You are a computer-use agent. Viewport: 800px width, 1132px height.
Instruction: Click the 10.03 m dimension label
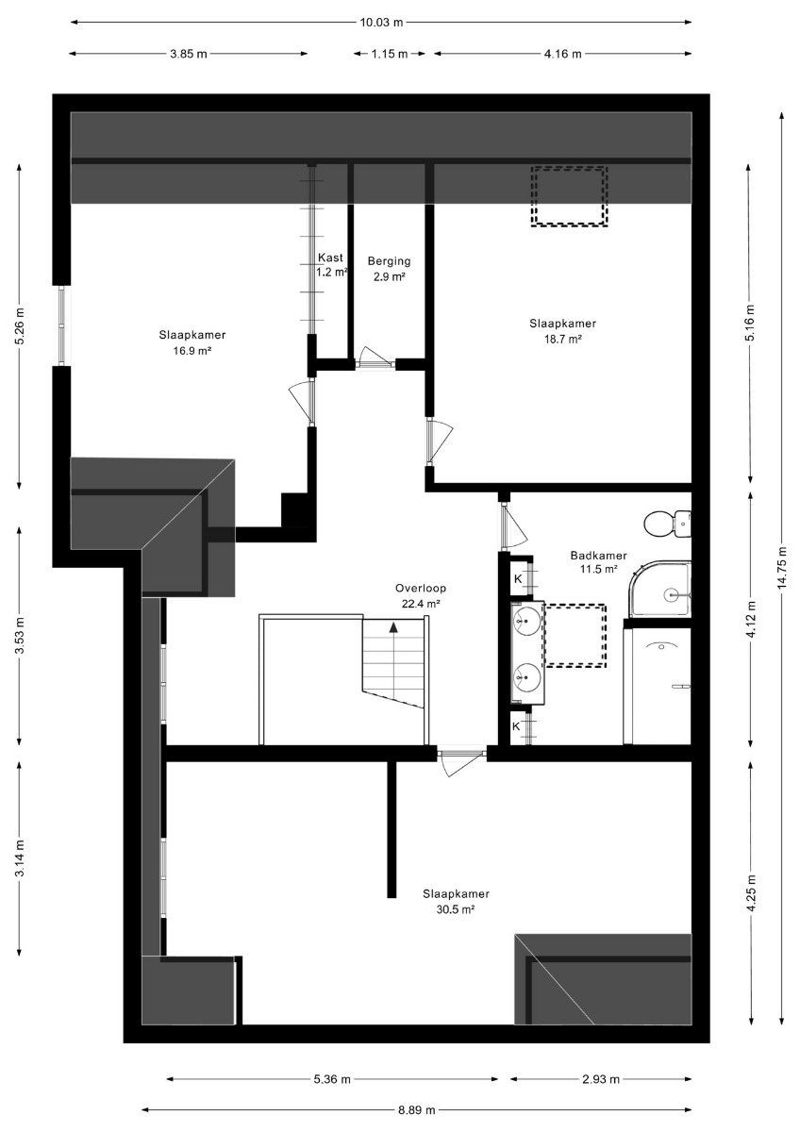tap(381, 23)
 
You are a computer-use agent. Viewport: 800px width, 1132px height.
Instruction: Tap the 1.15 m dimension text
tap(389, 54)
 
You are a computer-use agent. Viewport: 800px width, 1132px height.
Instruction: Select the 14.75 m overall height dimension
tap(782, 567)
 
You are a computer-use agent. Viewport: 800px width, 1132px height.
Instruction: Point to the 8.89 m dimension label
tap(416, 1110)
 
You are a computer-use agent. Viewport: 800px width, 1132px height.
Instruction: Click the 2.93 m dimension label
tap(601, 1079)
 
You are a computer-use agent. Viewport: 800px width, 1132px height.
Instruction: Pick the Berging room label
tap(389, 261)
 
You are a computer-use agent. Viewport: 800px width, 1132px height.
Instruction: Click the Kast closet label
tap(330, 258)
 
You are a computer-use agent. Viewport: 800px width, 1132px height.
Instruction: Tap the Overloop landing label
tap(421, 589)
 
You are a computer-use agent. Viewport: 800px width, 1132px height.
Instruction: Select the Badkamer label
tap(598, 556)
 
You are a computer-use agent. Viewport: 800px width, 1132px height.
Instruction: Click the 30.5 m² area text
tap(456, 909)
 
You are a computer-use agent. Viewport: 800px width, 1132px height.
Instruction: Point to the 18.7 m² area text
tap(562, 339)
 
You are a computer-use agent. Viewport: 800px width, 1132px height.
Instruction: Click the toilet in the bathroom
tap(667, 524)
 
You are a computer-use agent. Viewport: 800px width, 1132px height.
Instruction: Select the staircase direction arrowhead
tap(392, 627)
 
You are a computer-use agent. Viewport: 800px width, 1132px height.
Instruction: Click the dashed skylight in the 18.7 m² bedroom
tap(569, 195)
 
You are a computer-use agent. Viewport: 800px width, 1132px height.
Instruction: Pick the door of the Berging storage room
tap(375, 358)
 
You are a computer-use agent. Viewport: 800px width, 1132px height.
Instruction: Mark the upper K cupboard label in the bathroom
tap(518, 579)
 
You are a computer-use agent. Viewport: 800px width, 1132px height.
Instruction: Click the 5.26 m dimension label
tap(20, 326)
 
